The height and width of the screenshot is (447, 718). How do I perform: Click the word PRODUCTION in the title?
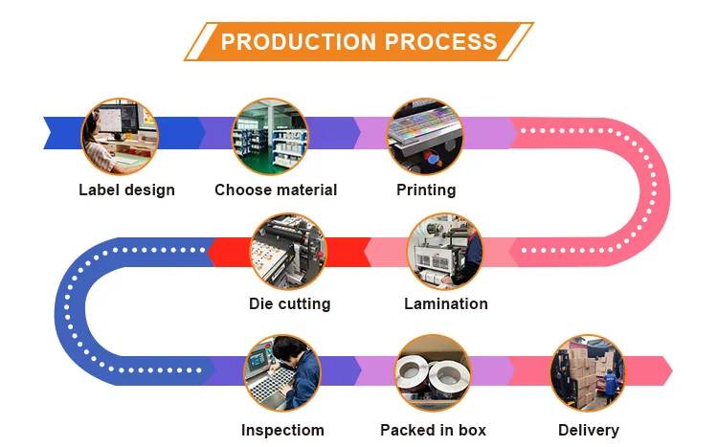298,42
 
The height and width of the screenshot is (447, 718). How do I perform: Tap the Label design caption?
126,190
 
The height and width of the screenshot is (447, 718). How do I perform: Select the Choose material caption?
276,190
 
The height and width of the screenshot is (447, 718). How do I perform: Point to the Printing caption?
426,190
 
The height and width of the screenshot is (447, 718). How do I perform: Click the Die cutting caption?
289,303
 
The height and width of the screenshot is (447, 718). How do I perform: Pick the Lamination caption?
446,303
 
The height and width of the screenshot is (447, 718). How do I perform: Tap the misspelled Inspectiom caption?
282,430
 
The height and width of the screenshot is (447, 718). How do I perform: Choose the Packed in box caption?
433,430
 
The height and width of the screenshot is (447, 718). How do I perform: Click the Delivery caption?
589,430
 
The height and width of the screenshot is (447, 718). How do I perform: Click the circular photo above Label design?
119,135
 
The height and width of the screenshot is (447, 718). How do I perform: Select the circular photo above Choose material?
270,135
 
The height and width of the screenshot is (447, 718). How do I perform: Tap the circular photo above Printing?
424,135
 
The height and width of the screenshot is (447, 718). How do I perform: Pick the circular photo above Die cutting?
288,252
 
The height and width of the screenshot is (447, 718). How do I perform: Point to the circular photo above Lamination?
445,252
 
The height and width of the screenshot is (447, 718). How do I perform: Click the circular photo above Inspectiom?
281,372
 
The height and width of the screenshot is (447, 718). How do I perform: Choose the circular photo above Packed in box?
433,372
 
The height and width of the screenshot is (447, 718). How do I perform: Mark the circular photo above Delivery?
588,372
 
